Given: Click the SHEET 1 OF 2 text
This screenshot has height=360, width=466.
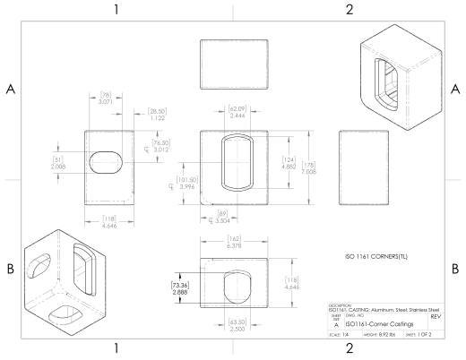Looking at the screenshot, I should point(427,333).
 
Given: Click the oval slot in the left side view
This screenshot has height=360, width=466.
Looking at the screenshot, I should point(108,162).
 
